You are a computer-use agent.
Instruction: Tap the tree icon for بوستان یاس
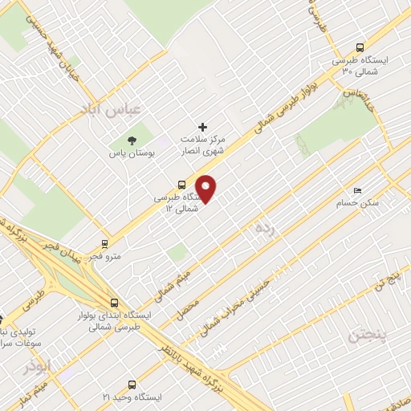coord(132,141)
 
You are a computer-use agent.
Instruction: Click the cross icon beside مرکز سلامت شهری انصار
coord(202,127)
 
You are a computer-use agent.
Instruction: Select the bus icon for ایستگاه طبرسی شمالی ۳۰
coord(359,47)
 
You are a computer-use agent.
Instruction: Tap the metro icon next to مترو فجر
coord(104,243)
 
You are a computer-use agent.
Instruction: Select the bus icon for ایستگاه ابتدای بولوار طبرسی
coord(113,303)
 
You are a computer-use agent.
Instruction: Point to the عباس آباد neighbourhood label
coord(116,108)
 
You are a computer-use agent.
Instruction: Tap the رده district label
coord(266,230)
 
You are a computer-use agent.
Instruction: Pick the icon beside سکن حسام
coord(357,190)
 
